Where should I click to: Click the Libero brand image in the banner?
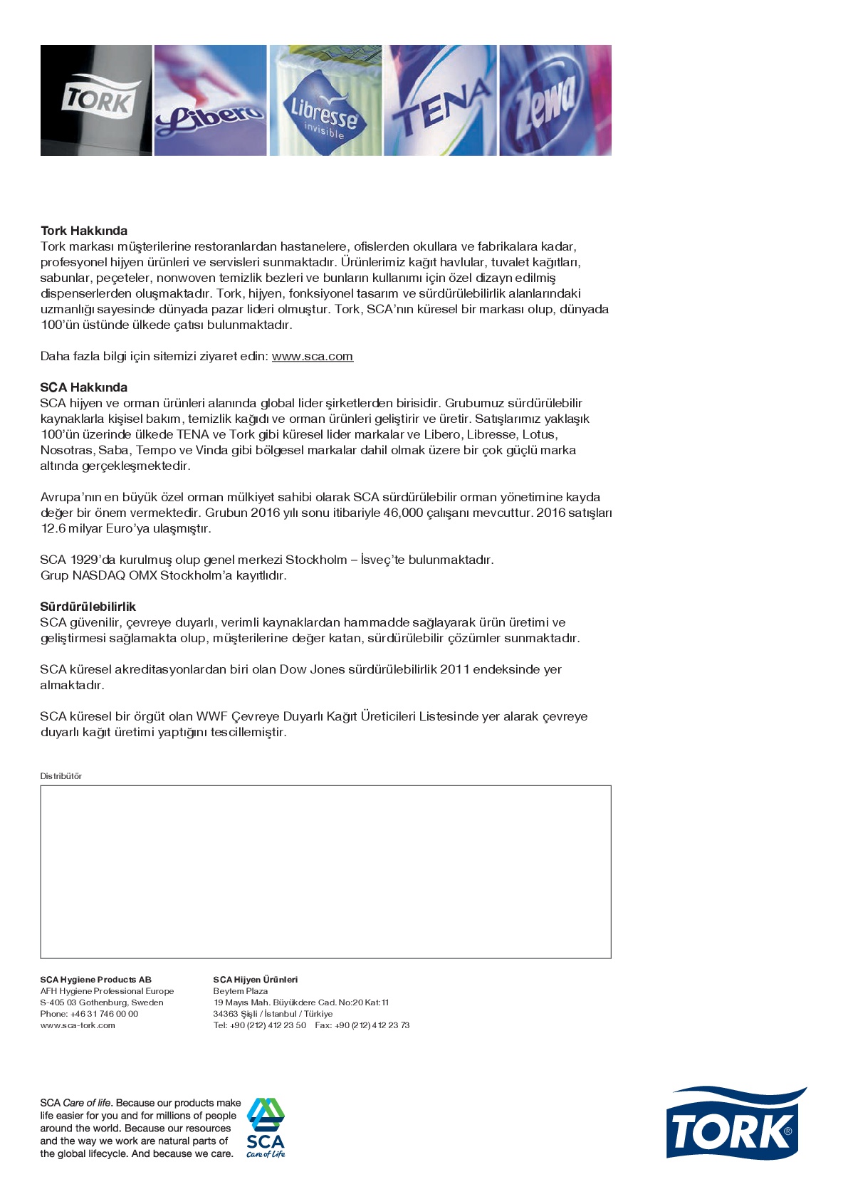pos(210,100)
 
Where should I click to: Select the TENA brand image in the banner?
pos(441,100)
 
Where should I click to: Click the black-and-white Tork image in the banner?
pos(96,100)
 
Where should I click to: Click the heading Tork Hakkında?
pos(84,231)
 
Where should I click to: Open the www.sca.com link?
pos(313,356)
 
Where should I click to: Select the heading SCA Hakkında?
pos(84,387)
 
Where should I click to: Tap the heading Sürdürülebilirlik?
pos(88,607)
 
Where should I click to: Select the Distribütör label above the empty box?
pos(61,776)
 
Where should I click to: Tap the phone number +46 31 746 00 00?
pos(104,1014)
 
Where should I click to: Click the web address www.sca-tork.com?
pos(78,1025)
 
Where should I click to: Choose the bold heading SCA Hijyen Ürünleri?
pos(256,980)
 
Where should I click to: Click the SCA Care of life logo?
pos(266,1128)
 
